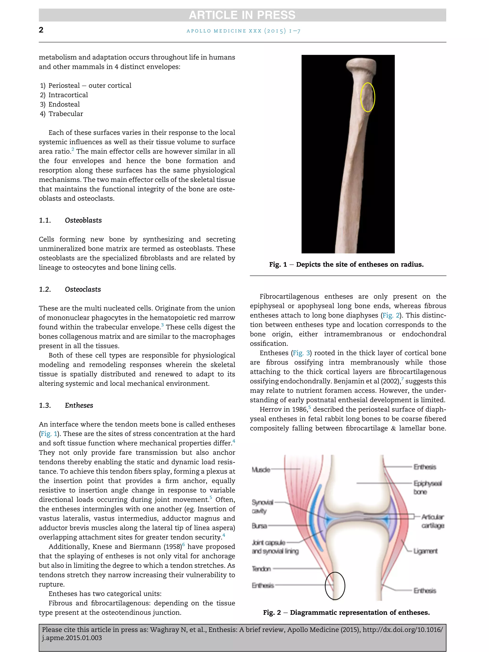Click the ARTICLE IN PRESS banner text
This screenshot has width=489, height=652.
click(x=242, y=15)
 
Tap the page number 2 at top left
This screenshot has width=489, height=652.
click(x=41, y=30)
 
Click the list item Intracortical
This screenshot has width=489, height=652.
click(x=68, y=95)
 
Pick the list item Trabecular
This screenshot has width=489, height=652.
click(x=66, y=114)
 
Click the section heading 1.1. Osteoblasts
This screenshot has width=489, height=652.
click(x=70, y=221)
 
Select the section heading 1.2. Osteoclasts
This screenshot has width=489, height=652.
click(x=70, y=289)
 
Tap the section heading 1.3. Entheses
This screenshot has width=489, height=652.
click(x=66, y=406)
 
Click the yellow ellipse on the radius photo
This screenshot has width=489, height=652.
click(x=368, y=97)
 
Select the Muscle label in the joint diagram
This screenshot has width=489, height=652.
click(x=261, y=470)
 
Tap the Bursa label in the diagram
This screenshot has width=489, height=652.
click(x=259, y=526)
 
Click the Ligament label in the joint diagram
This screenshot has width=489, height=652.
click(x=425, y=551)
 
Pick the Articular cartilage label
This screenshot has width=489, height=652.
click(x=432, y=521)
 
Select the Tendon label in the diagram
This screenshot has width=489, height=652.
click(x=261, y=569)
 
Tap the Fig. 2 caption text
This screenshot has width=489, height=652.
click(x=346, y=613)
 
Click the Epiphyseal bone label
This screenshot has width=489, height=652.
click(x=427, y=488)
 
